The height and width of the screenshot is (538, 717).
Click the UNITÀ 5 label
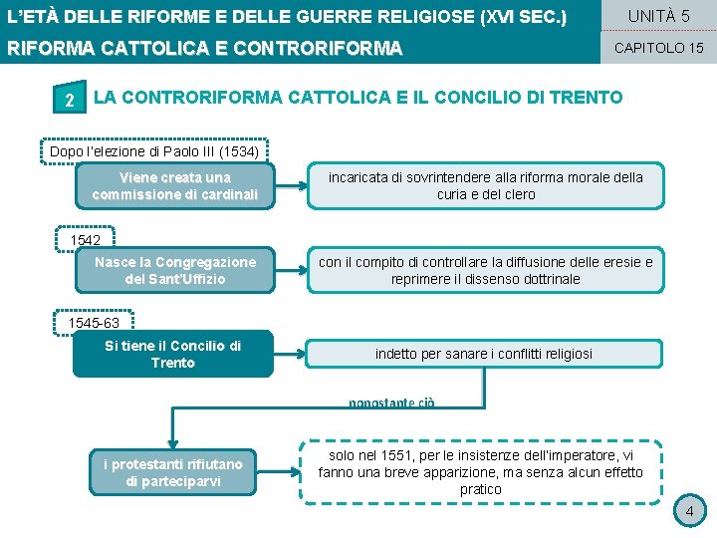658,16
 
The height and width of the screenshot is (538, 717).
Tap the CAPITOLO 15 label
658,48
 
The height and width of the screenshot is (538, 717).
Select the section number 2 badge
68,99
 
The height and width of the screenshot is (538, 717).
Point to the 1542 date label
86,241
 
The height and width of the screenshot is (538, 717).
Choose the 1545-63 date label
94,324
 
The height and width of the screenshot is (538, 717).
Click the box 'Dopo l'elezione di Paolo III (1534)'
154,151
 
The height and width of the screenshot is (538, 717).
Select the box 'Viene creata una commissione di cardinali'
174,185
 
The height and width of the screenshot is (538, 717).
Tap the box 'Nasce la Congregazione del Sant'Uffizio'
174,270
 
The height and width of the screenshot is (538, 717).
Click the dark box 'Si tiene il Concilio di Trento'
172,354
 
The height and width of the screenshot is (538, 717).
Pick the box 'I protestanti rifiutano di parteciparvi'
174,473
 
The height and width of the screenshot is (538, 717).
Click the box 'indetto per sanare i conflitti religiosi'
484,354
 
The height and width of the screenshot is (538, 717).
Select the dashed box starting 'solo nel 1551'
481,472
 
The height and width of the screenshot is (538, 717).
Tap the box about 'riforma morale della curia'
486,185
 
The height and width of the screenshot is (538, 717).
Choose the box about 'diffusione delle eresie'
486,270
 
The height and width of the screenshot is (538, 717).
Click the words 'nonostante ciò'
392,403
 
